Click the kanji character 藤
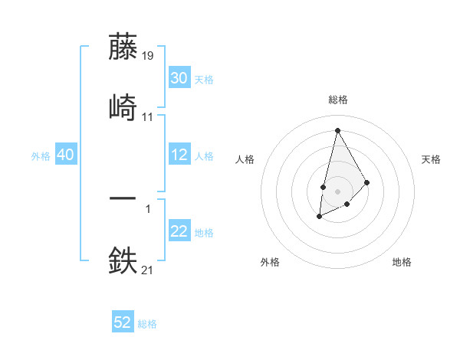coord(123,47)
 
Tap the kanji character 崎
coord(123,107)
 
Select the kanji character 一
coord(123,198)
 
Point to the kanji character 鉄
coord(123,260)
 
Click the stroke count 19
coord(148,56)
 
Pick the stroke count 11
coord(148,117)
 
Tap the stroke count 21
coord(148,269)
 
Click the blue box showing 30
coord(179,78)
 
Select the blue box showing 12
coord(179,155)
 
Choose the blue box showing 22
coord(179,231)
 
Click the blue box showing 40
coord(66,155)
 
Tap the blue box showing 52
coord(123,322)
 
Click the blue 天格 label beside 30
coord(204,80)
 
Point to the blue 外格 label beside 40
coord(41,156)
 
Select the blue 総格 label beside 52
coord(147,324)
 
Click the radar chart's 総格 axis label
coord(337,100)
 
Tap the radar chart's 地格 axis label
coord(402,262)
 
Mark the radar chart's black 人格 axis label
coord(245,159)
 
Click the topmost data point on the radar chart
coord(337,129)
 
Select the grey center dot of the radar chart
coord(337,190)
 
